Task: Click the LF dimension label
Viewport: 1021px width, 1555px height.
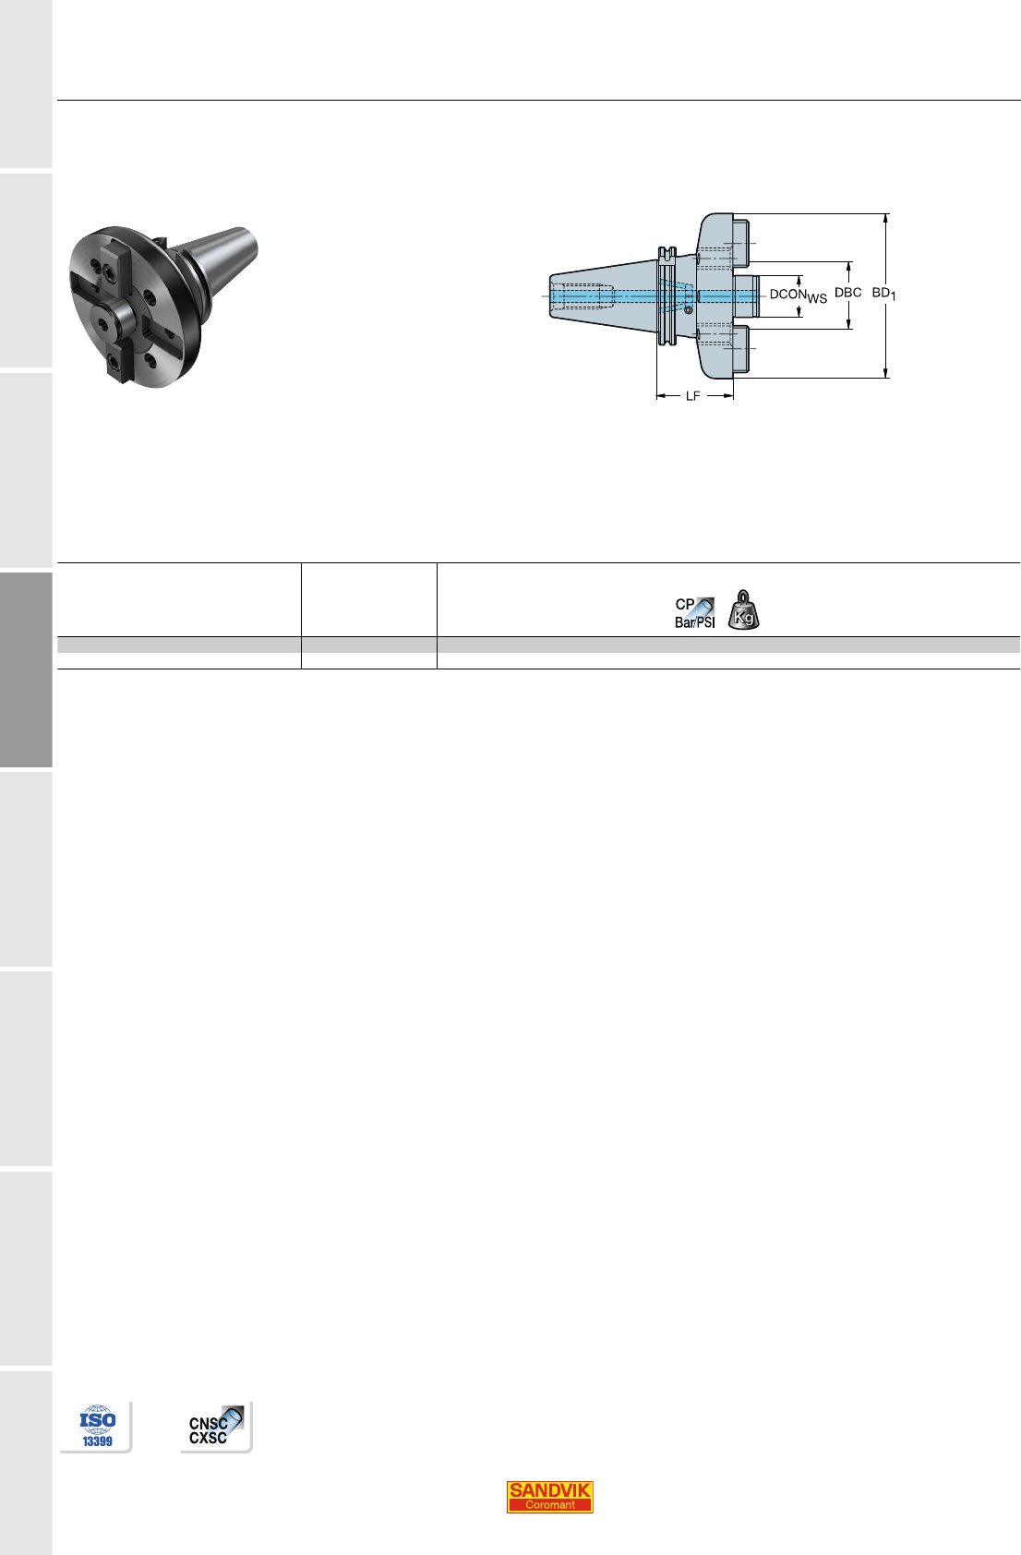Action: click(692, 396)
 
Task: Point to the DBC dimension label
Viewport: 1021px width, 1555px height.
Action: click(847, 293)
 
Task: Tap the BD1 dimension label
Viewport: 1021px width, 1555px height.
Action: click(883, 294)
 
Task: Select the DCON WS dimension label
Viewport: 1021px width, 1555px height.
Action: click(799, 295)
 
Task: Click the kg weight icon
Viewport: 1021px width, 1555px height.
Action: click(743, 610)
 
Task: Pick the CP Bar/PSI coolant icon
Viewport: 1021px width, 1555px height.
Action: click(695, 613)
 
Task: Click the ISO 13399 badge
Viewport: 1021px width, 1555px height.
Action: click(97, 1426)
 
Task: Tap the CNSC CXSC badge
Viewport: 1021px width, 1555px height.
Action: click(216, 1426)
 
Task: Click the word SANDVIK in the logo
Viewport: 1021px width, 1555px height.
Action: click(549, 1489)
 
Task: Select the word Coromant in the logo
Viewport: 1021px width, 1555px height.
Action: click(549, 1505)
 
